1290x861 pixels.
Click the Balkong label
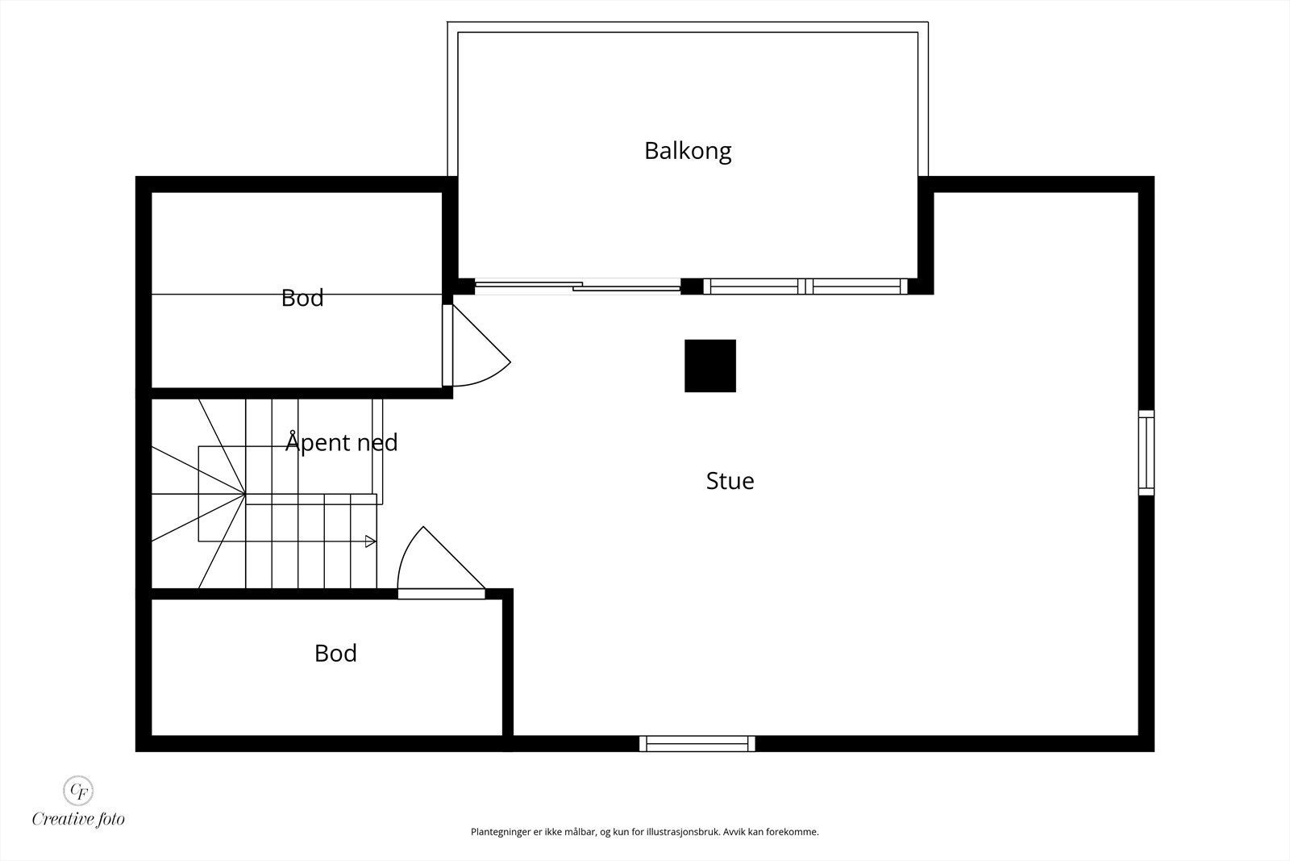coord(688,151)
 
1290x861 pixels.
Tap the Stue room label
coord(730,481)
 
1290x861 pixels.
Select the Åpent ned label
coord(342,442)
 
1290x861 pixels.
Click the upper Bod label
coord(302,298)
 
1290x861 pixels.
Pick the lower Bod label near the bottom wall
coord(335,653)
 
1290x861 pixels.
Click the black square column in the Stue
coord(710,366)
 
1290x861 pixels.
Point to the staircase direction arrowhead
coord(370,541)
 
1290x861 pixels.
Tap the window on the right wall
coord(1146,453)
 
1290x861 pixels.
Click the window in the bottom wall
coord(697,743)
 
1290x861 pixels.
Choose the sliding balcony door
coord(577,286)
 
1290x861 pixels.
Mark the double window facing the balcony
coord(805,286)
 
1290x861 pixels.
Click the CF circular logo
coord(78,789)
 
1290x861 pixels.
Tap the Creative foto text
coord(78,819)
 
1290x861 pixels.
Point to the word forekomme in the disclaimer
coord(795,832)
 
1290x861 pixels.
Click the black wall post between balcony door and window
coord(692,286)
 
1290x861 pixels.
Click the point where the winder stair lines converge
coord(245,494)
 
